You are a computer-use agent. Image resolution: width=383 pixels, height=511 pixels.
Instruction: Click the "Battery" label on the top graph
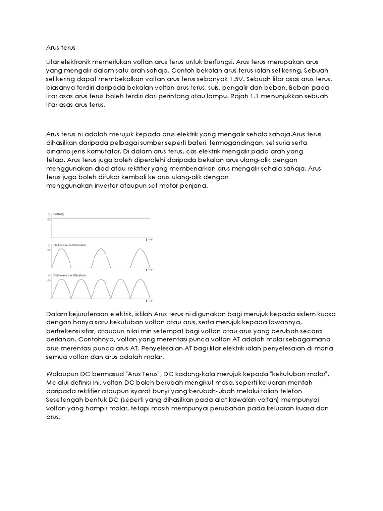[x=59, y=214]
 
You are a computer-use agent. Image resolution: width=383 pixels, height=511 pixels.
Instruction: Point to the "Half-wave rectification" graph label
[x=69, y=245]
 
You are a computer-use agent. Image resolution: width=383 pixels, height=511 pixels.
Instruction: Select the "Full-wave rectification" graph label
[x=69, y=275]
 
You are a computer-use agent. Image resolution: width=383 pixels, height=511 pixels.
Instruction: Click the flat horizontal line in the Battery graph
[x=100, y=218]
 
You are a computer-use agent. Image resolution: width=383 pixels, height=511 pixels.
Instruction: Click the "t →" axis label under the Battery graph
[x=149, y=240]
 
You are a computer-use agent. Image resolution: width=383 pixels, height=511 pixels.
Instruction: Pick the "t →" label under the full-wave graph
[x=149, y=301]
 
